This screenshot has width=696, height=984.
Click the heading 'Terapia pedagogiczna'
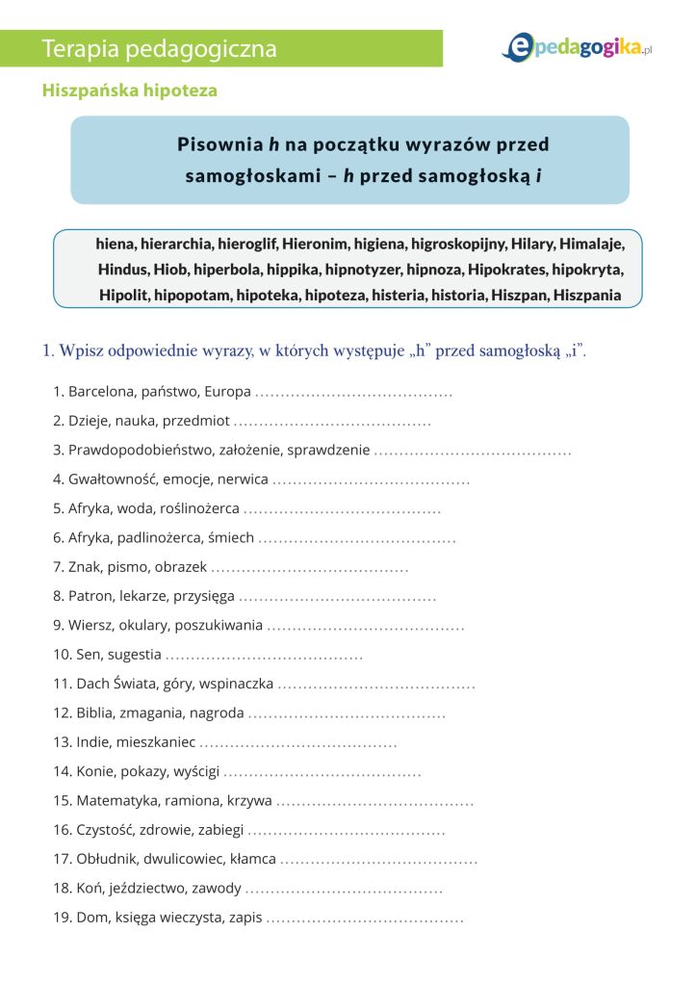coord(160,48)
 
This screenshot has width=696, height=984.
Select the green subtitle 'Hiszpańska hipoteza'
coord(130,91)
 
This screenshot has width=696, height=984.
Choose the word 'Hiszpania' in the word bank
coord(587,296)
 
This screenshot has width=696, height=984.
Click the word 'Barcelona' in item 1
coord(101,392)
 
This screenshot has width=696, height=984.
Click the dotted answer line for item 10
coord(264,656)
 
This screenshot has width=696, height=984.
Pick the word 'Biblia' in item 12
coord(95,713)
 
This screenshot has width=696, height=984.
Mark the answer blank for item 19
coord(365,918)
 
